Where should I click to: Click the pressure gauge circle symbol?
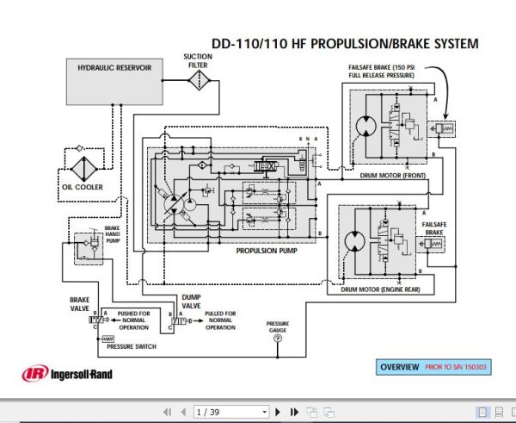[277, 339]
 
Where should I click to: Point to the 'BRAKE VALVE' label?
[79, 305]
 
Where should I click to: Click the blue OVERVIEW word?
[402, 367]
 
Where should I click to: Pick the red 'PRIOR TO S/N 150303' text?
[455, 367]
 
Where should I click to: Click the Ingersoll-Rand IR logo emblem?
[34, 374]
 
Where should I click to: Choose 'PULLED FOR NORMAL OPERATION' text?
[220, 320]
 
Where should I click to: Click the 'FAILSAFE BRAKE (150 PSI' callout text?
[384, 69]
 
